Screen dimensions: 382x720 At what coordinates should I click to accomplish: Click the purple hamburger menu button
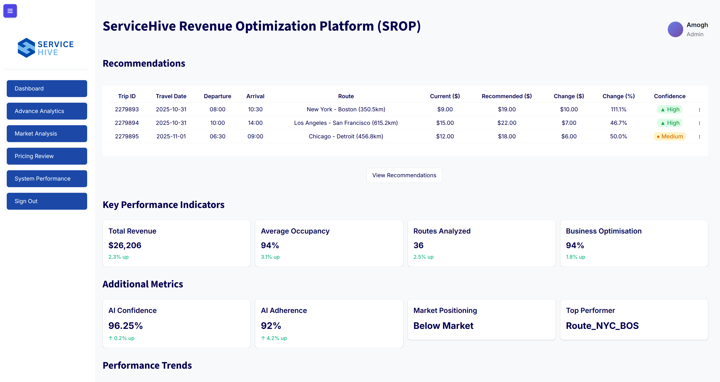pyautogui.click(x=10, y=11)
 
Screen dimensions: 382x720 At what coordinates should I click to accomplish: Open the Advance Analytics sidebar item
pyautogui.click(x=47, y=111)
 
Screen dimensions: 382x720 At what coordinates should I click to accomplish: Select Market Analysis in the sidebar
pyautogui.click(x=47, y=134)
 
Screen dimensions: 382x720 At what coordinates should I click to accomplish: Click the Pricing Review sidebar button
pyautogui.click(x=47, y=156)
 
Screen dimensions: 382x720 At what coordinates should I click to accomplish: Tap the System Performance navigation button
pyautogui.click(x=47, y=179)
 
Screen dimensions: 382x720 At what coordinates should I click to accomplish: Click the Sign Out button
pyautogui.click(x=47, y=201)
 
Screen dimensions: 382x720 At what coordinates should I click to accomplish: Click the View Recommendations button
pyautogui.click(x=404, y=175)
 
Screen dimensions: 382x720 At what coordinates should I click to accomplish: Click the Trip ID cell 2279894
pyautogui.click(x=127, y=123)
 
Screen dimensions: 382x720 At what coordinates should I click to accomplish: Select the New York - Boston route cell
pyautogui.click(x=346, y=109)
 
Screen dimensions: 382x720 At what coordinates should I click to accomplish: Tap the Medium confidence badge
pyautogui.click(x=669, y=136)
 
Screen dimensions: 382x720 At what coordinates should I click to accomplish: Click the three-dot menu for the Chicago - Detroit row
pyautogui.click(x=699, y=137)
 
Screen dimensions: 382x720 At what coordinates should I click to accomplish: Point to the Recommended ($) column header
pyautogui.click(x=506, y=96)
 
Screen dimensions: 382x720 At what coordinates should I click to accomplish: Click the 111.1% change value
pyautogui.click(x=618, y=109)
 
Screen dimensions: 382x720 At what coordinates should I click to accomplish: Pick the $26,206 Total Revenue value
pyautogui.click(x=125, y=245)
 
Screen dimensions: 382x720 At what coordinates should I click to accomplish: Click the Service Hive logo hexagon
pyautogui.click(x=26, y=48)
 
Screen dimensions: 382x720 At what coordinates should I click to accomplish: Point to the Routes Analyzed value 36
pyautogui.click(x=418, y=245)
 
